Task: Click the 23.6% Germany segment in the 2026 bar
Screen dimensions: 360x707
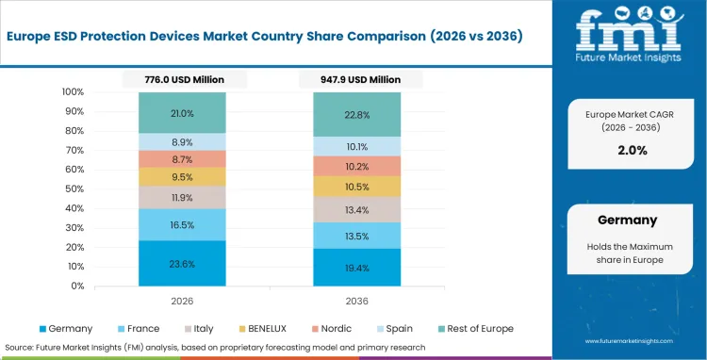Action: [x=183, y=264]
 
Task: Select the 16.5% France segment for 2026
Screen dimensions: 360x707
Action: [x=183, y=225]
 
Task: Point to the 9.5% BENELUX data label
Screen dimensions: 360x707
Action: [x=183, y=176]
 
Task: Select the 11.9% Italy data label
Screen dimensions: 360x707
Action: [x=183, y=198]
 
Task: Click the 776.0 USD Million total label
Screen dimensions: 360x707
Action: [x=185, y=80]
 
